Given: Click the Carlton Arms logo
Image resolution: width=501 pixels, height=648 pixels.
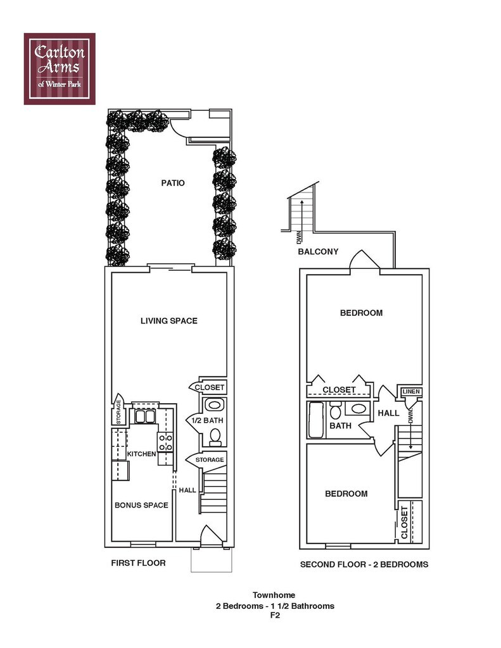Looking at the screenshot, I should [60, 68].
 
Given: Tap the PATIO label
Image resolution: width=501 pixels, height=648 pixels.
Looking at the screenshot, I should [172, 184].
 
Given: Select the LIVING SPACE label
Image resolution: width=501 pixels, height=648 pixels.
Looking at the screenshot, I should [168, 321].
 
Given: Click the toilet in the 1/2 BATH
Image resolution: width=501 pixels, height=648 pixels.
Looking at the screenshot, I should [215, 435].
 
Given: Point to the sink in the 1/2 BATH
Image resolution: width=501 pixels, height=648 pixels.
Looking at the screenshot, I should [215, 405].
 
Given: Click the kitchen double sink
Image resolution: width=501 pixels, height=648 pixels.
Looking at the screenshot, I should [145, 417].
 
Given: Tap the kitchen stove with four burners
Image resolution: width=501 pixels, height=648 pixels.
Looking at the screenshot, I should [166, 442].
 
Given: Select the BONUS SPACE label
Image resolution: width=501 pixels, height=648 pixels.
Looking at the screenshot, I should [141, 505].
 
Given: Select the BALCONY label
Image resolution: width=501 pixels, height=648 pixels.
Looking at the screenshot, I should [318, 252].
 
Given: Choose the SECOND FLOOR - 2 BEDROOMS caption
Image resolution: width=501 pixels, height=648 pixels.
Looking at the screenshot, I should [364, 564].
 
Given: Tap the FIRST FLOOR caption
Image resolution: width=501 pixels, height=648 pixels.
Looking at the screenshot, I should [138, 563].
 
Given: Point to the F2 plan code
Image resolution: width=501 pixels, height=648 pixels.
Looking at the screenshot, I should [275, 614].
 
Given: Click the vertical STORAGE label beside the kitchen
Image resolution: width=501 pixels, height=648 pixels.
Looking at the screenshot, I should [118, 411].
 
